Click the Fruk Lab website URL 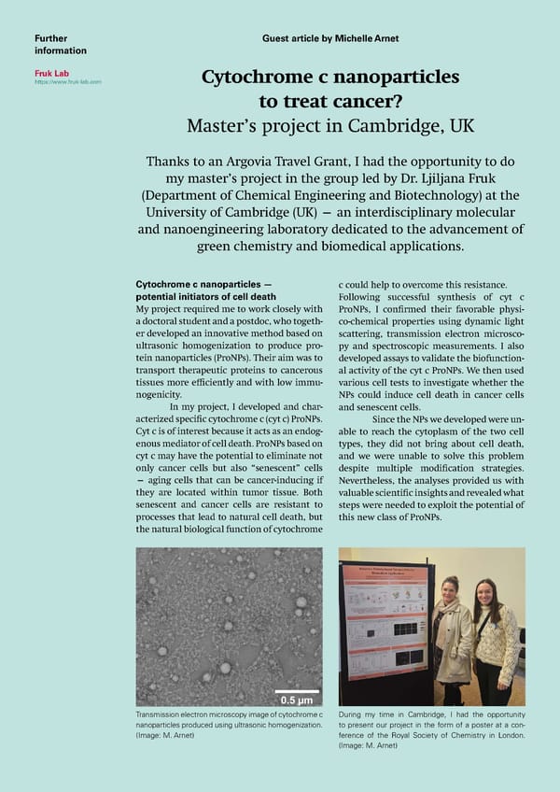tap(68, 82)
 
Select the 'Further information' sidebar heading tap(60, 44)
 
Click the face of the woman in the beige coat tap(450, 592)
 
